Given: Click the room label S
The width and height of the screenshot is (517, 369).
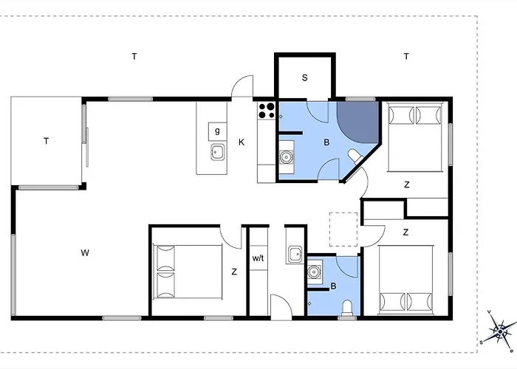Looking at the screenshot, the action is (x=304, y=77).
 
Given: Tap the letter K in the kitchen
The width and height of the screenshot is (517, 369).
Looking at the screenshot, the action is (x=242, y=142).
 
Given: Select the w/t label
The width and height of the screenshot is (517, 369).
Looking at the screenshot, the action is (x=258, y=258).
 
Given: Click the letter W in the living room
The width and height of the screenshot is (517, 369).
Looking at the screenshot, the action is (x=85, y=253).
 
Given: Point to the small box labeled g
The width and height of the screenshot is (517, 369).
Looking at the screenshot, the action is (x=217, y=131).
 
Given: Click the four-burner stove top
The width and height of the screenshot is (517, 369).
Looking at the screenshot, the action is (x=267, y=111).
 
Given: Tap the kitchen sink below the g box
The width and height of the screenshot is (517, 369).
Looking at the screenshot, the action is (x=218, y=152).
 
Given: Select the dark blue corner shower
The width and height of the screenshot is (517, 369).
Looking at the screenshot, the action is (x=357, y=120).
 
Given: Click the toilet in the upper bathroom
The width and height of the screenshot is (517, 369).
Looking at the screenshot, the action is (x=355, y=156).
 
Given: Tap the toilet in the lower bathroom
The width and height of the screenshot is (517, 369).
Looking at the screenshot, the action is (x=347, y=308).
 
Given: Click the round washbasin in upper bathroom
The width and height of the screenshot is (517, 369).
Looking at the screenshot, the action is (x=286, y=157).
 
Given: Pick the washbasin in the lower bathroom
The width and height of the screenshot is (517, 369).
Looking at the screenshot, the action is (x=314, y=272).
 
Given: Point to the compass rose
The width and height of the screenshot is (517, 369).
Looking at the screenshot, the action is (x=500, y=331).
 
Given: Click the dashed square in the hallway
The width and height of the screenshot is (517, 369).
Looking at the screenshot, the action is (x=343, y=230).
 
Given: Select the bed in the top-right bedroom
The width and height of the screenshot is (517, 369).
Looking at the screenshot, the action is (x=415, y=137).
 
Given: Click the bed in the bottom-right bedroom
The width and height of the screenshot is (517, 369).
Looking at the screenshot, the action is (x=406, y=279).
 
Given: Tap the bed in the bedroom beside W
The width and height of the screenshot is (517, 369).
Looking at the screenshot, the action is (x=188, y=272).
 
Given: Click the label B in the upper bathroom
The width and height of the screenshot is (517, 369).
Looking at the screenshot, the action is (x=326, y=142).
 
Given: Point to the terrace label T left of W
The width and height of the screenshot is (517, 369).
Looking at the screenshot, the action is (x=46, y=141).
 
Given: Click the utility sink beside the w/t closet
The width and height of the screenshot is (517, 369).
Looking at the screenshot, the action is (x=295, y=255).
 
